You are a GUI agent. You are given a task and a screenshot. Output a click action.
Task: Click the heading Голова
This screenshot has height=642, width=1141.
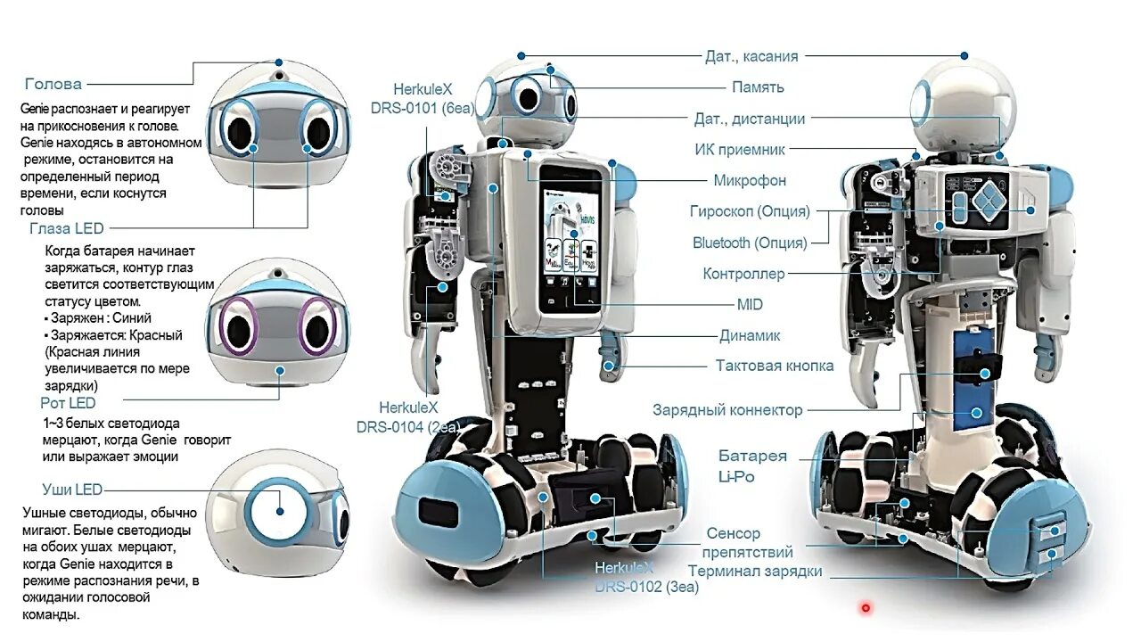coord(53,85)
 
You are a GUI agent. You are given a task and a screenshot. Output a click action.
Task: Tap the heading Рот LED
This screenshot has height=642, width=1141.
coord(68,404)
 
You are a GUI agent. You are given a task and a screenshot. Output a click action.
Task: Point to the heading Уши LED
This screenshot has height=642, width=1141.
coord(72,490)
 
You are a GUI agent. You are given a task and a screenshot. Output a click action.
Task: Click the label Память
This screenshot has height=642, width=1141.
coord(758,87)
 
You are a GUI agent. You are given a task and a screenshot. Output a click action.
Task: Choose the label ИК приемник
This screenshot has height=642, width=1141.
coord(740,150)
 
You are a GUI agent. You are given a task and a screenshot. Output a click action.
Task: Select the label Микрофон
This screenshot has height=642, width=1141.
coord(750,181)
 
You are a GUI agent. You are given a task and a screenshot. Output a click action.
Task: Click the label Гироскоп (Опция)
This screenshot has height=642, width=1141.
coord(750,212)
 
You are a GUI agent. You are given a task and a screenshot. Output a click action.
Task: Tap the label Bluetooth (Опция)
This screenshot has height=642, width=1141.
coord(750,243)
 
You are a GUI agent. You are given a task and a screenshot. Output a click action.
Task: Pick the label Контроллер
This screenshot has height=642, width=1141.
coord(743,274)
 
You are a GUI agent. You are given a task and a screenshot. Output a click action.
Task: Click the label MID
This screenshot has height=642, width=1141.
coord(750,305)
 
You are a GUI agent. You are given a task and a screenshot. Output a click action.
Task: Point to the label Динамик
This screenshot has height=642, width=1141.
coord(750,336)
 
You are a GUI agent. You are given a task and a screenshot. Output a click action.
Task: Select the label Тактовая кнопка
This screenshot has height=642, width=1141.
coord(775,366)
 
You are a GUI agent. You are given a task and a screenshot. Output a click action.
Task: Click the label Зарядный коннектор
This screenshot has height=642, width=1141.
coord(727,410)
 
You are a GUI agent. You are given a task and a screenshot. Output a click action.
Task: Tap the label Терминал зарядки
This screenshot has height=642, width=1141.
coord(755,571)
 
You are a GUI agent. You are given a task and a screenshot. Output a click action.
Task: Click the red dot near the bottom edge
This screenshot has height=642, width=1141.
coord(865,608)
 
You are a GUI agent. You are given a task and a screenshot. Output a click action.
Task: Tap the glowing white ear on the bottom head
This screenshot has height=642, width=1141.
coord(279,511)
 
